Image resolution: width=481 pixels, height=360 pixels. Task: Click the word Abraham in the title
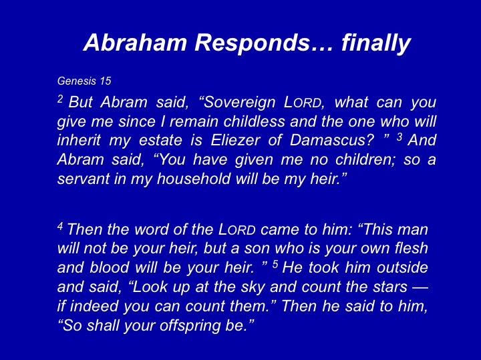tap(135, 42)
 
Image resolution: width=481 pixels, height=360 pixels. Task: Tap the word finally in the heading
tap(375, 43)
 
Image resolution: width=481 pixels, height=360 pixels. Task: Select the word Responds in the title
tap(252, 43)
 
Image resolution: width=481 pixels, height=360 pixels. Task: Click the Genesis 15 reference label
tap(84, 81)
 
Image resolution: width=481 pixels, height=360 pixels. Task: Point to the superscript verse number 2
tap(60, 99)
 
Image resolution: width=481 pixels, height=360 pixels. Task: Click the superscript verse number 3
tap(399, 137)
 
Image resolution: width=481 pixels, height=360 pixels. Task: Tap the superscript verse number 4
tap(60, 226)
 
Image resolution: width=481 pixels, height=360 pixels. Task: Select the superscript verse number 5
tap(275, 264)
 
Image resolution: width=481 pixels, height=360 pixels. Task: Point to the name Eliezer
tap(236, 141)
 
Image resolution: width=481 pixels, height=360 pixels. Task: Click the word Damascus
tap(332, 141)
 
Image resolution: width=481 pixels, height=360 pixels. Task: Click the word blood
tap(109, 267)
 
